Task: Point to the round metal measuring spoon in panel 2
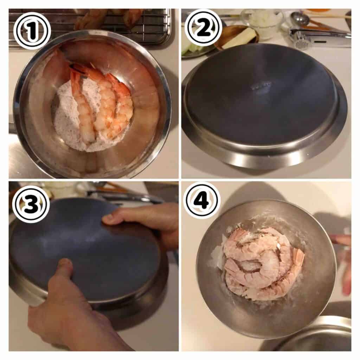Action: click(x=300, y=18)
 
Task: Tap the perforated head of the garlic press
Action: click(x=302, y=44)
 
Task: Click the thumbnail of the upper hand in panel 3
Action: click(x=108, y=218)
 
